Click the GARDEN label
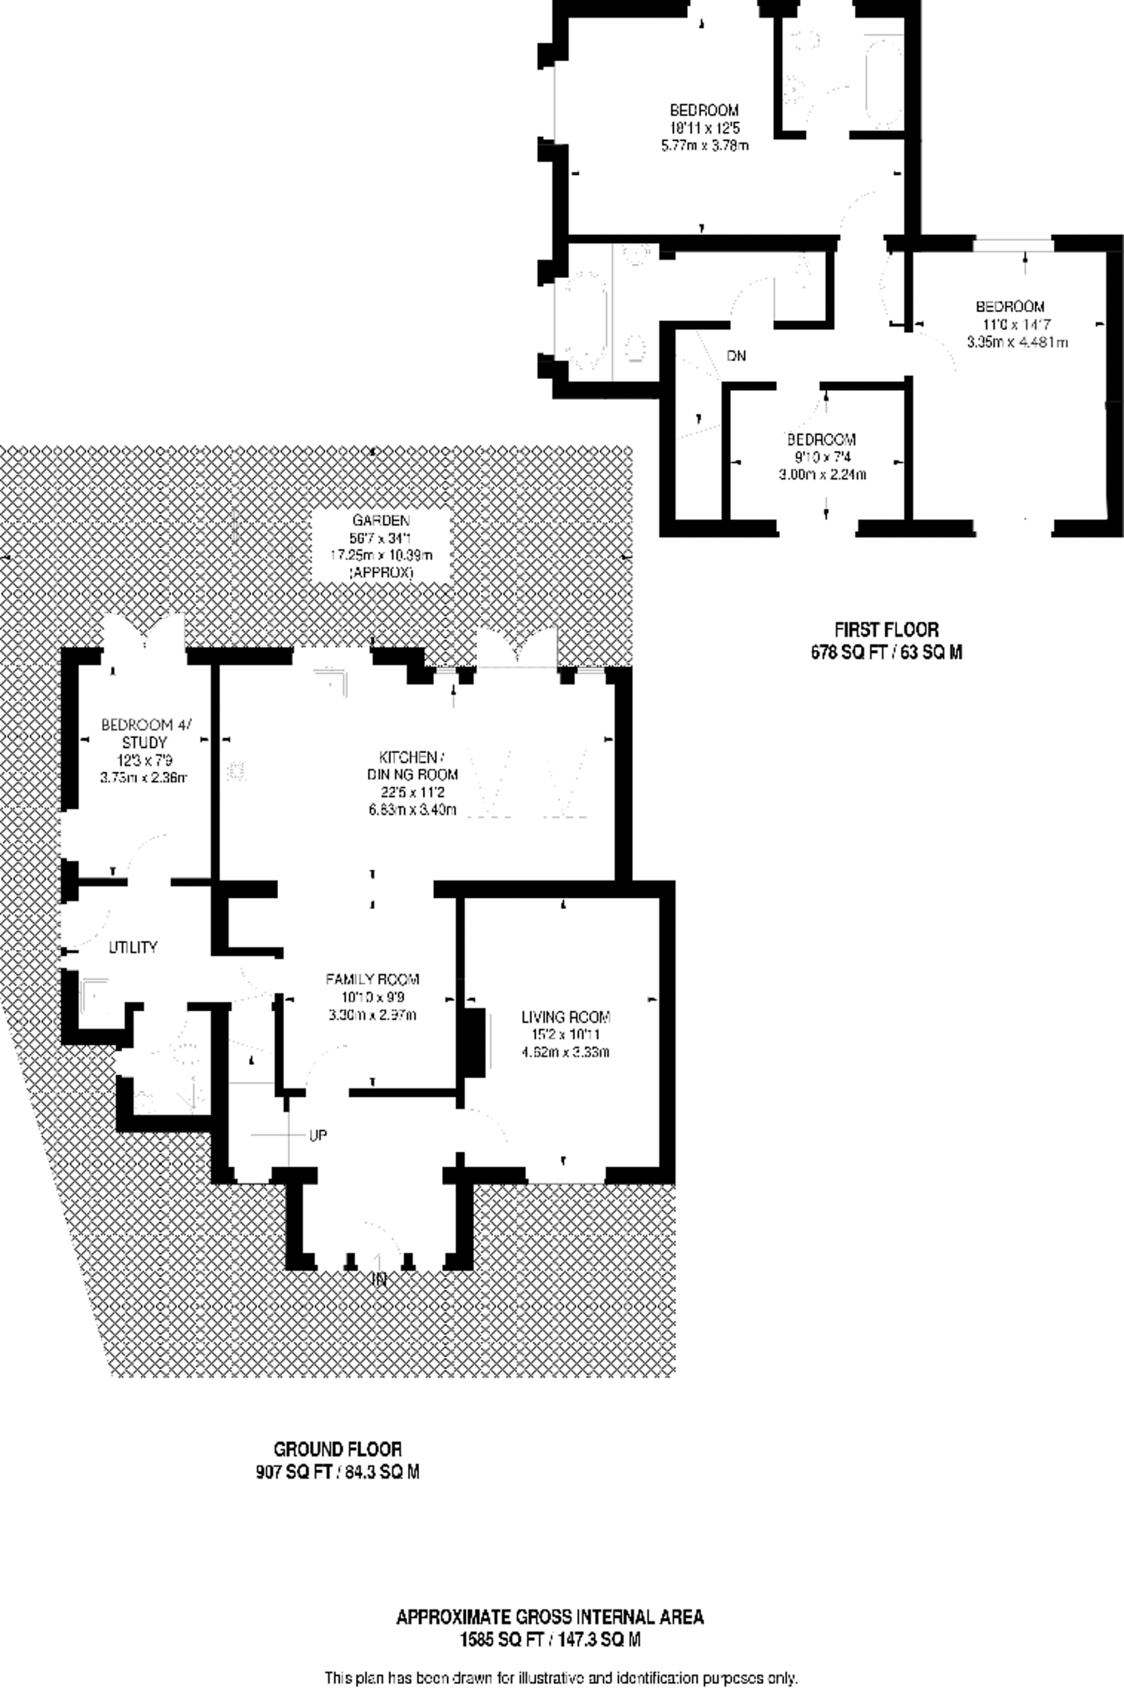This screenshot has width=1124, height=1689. point(381,520)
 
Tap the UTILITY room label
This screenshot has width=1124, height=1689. point(133,948)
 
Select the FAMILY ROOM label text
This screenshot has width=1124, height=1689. point(372,980)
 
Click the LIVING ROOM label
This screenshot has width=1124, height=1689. point(565,1017)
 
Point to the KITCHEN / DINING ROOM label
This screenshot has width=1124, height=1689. point(412,765)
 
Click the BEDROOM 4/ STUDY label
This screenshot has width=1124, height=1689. point(145,733)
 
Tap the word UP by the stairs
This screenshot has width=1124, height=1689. point(318,1136)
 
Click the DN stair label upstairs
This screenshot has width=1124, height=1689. point(736,356)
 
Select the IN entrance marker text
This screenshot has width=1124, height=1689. point(379,1281)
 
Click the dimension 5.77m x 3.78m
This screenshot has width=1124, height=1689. point(704,146)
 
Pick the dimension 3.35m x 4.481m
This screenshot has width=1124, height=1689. point(1017,342)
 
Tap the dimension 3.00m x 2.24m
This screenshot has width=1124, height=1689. point(822,474)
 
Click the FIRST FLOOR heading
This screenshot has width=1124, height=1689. point(886,630)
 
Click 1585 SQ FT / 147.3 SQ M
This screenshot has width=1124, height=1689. point(550,1640)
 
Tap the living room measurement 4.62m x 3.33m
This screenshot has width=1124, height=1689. point(565,1052)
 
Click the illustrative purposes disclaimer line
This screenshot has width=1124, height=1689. point(561,1677)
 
